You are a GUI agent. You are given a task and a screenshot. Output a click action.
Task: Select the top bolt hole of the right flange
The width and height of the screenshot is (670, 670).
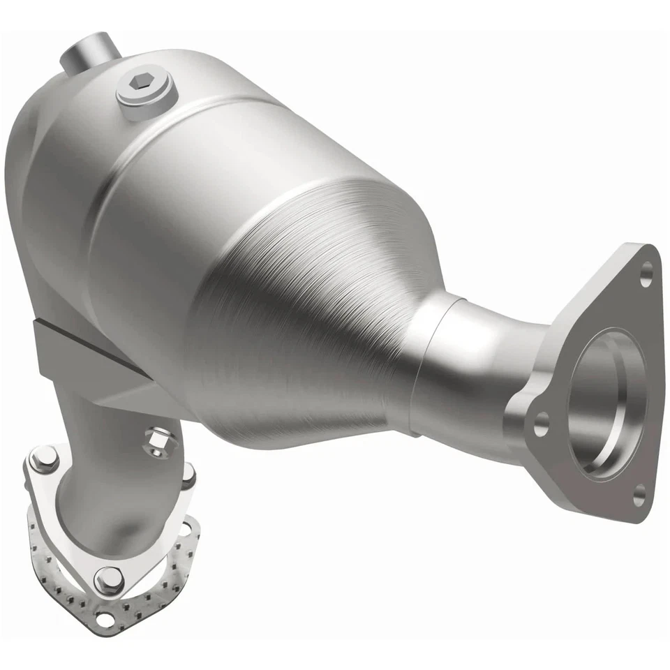pos(646,273)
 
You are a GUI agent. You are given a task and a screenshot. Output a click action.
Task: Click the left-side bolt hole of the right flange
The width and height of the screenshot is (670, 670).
pos(540,423)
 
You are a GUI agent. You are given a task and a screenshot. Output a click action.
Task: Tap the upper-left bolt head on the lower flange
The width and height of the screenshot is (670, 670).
pos(44,459)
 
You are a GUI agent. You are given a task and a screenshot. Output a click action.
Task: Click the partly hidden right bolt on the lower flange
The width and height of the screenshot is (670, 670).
pos(188,475)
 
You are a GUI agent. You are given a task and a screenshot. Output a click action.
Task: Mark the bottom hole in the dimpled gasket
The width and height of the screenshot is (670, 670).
pos(105,618)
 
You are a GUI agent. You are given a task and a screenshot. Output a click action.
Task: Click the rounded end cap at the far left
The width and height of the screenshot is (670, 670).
pos(28,181)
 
